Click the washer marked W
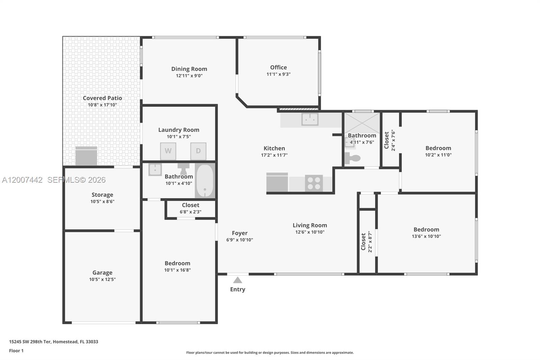point(168,151)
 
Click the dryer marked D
point(198,151)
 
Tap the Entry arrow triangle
point(238,280)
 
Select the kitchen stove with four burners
point(314,183)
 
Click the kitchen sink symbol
point(310,119)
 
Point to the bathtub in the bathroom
point(205,181)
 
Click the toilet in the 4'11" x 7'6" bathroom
point(353,158)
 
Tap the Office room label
point(278,68)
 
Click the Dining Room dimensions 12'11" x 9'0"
point(189,76)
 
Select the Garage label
point(102,273)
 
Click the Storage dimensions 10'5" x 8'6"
point(102,202)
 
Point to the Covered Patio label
point(102,98)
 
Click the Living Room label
point(309,225)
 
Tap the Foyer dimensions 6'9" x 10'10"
point(240,240)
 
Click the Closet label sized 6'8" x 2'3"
point(190,205)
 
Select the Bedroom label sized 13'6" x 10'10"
point(426,229)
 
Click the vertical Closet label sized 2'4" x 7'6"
point(387,140)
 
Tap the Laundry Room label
point(179,130)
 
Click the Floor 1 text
point(16,351)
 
